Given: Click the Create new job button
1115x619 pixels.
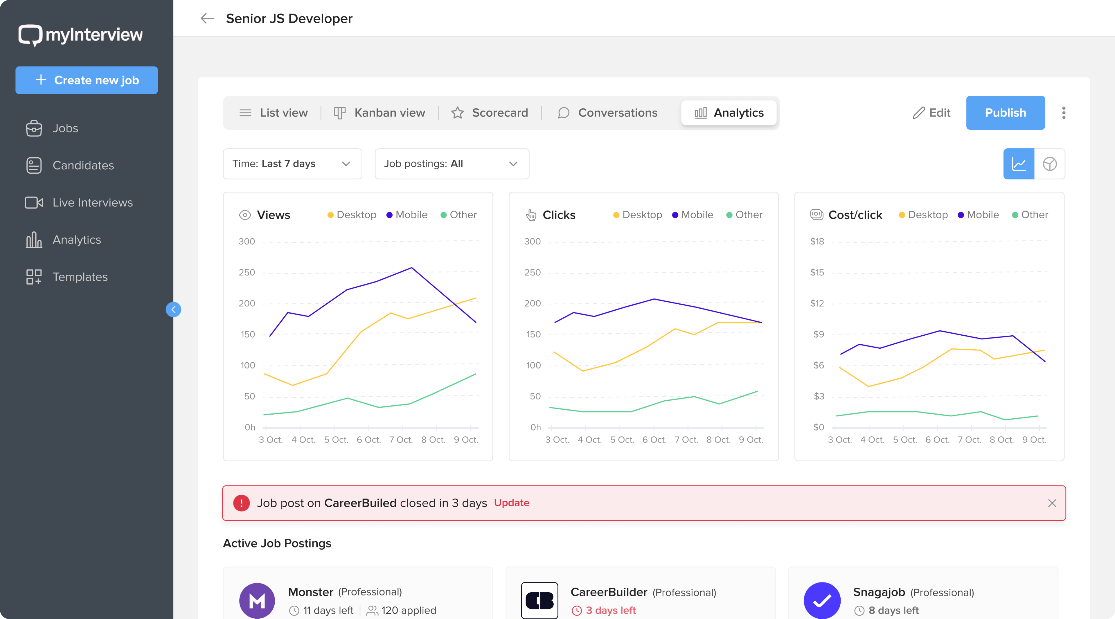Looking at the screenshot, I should [87, 80].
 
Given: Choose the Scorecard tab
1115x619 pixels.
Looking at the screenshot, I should [490, 113].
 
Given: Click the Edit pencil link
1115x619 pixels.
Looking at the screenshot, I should [931, 113].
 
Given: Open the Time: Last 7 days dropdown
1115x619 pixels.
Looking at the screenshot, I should [292, 164].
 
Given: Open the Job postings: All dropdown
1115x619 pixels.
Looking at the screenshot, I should [452, 164].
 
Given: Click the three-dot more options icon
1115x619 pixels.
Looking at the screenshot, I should [1064, 113].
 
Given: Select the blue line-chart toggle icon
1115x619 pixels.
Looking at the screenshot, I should [1019, 164].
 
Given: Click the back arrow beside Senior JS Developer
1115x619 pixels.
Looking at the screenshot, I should [207, 18].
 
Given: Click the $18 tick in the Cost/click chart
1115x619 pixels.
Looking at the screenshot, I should [817, 242].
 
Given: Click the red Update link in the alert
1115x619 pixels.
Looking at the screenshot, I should [511, 503].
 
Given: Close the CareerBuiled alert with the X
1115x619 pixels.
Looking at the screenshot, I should [1052, 503].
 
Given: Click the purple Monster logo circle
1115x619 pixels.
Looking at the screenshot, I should [257, 600].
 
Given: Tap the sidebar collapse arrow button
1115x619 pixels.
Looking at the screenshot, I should [173, 310].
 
